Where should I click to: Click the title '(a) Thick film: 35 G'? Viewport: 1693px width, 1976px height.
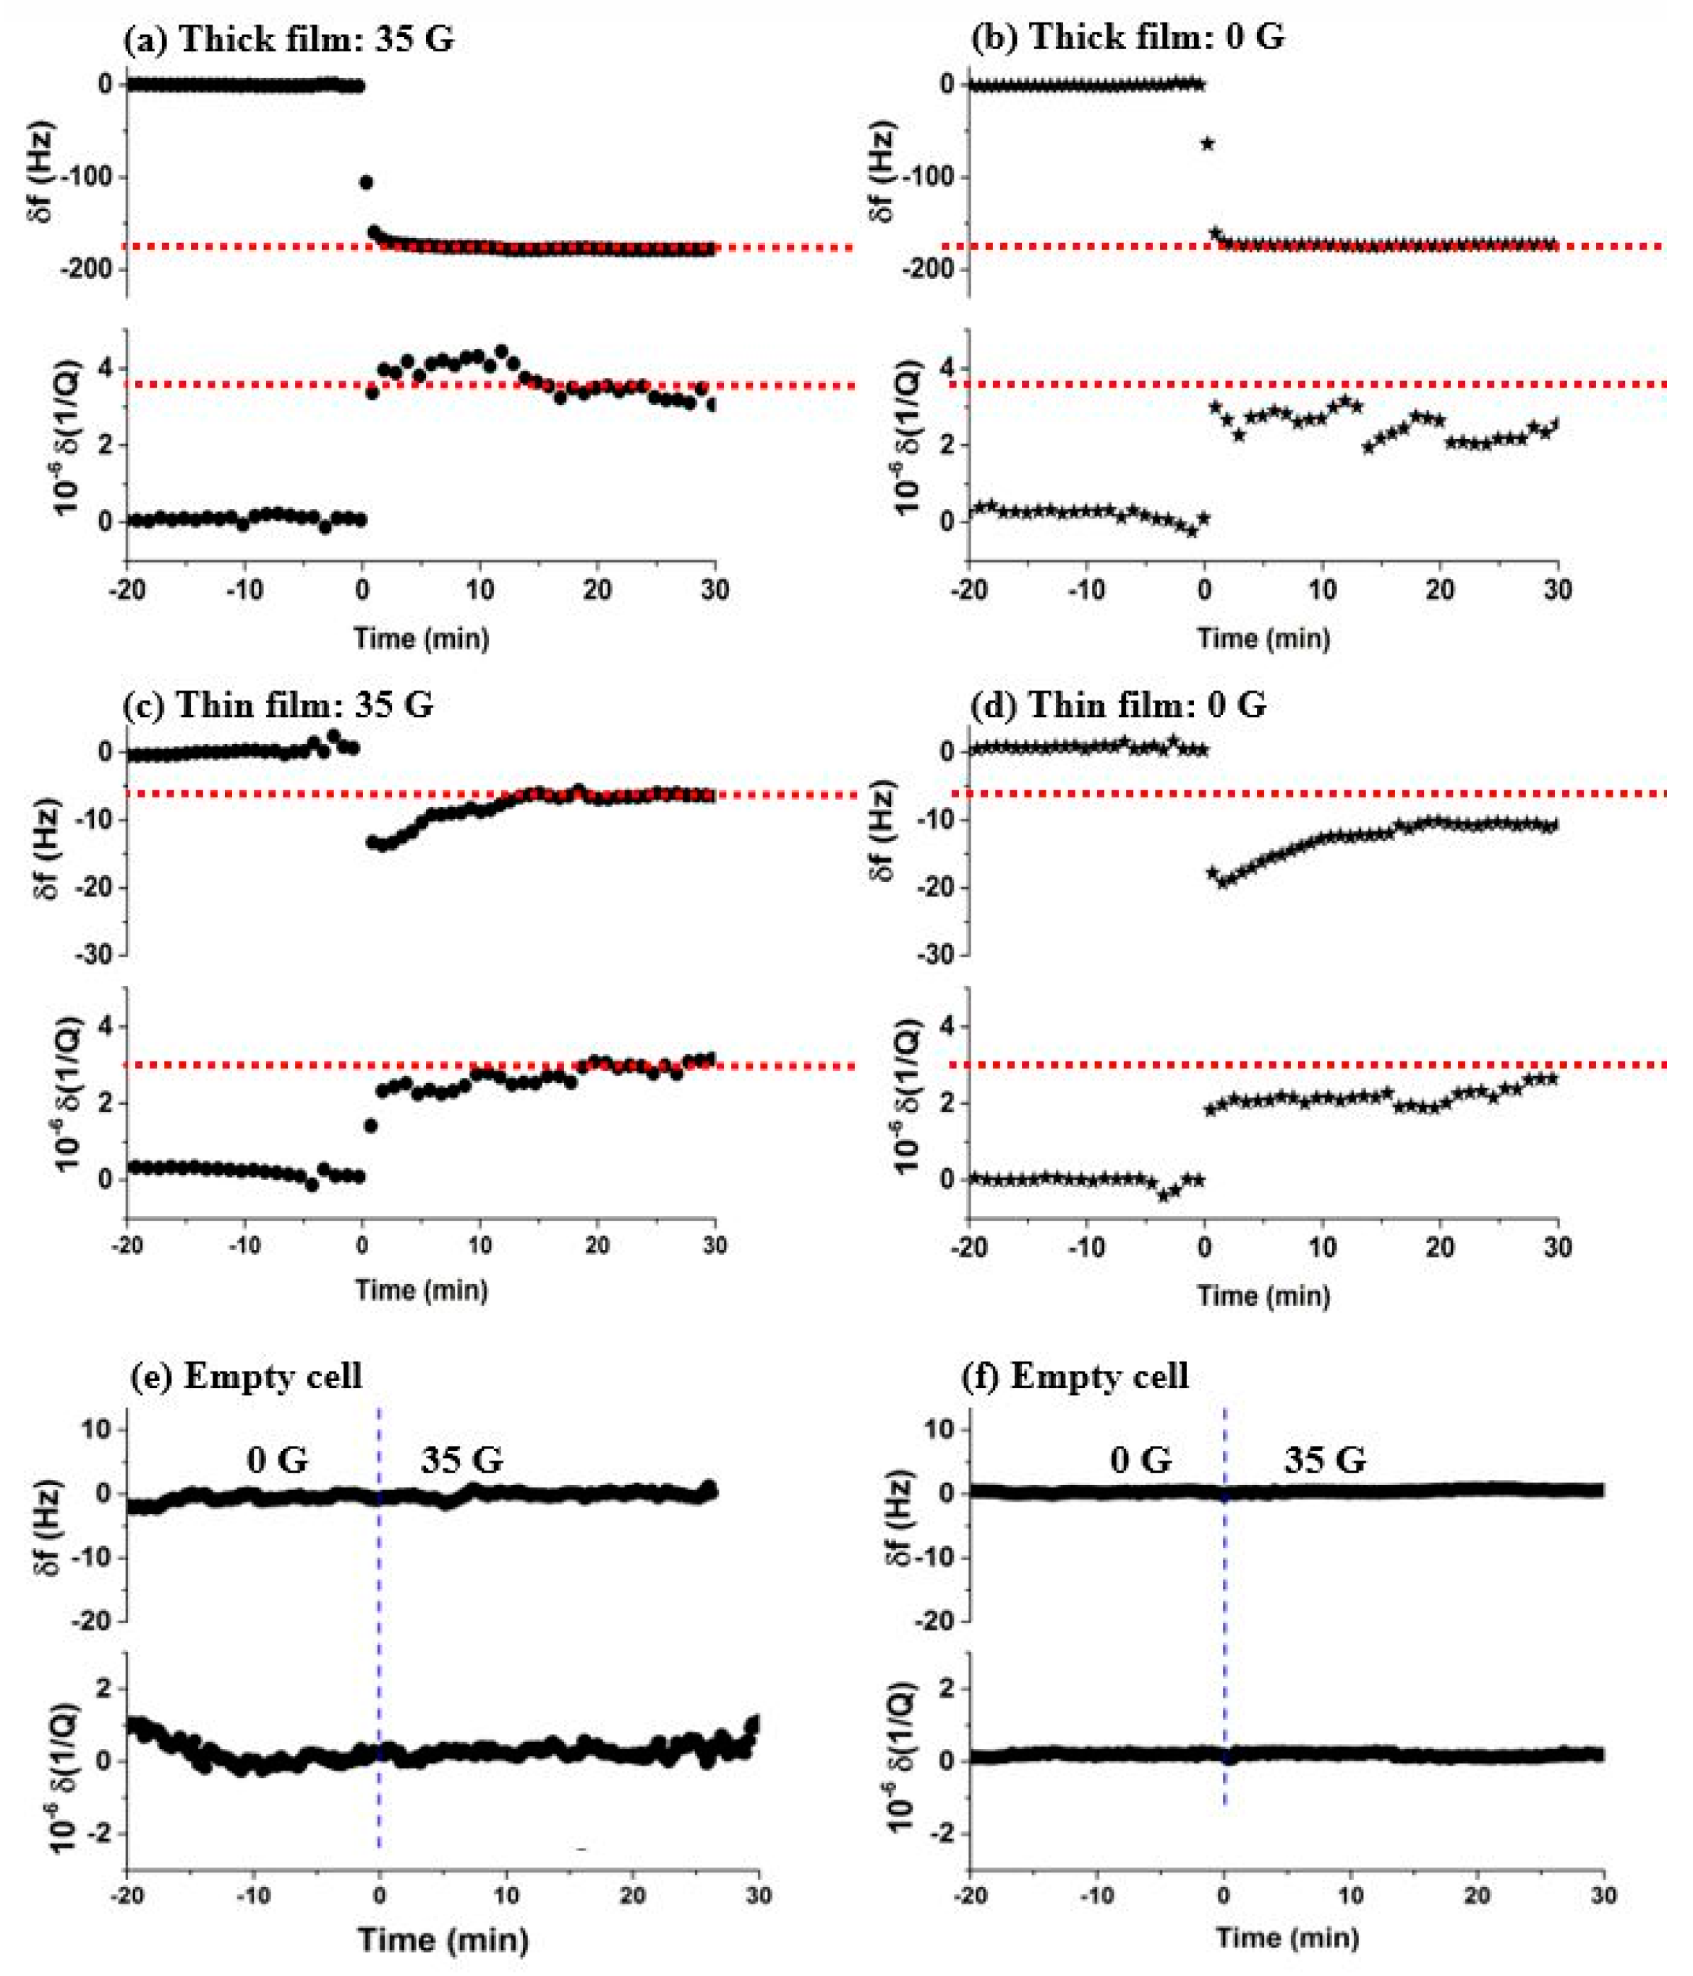point(289,39)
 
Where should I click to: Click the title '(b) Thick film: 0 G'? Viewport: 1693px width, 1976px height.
point(1127,37)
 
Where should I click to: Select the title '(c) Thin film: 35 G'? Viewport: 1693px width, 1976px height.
point(278,705)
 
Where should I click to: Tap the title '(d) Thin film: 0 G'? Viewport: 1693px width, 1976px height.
point(1119,705)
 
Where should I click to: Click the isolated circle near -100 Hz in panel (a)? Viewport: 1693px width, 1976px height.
point(365,182)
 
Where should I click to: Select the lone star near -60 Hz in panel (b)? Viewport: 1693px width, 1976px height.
point(1208,144)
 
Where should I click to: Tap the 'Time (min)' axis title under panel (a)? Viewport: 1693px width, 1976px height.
point(422,638)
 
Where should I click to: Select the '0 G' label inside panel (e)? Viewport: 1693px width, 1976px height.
point(276,1460)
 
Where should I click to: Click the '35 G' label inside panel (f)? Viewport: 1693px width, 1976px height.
point(1325,1460)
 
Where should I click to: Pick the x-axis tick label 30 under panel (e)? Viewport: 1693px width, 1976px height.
point(759,1896)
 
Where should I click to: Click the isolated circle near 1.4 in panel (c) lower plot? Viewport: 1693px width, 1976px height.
point(371,1126)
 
